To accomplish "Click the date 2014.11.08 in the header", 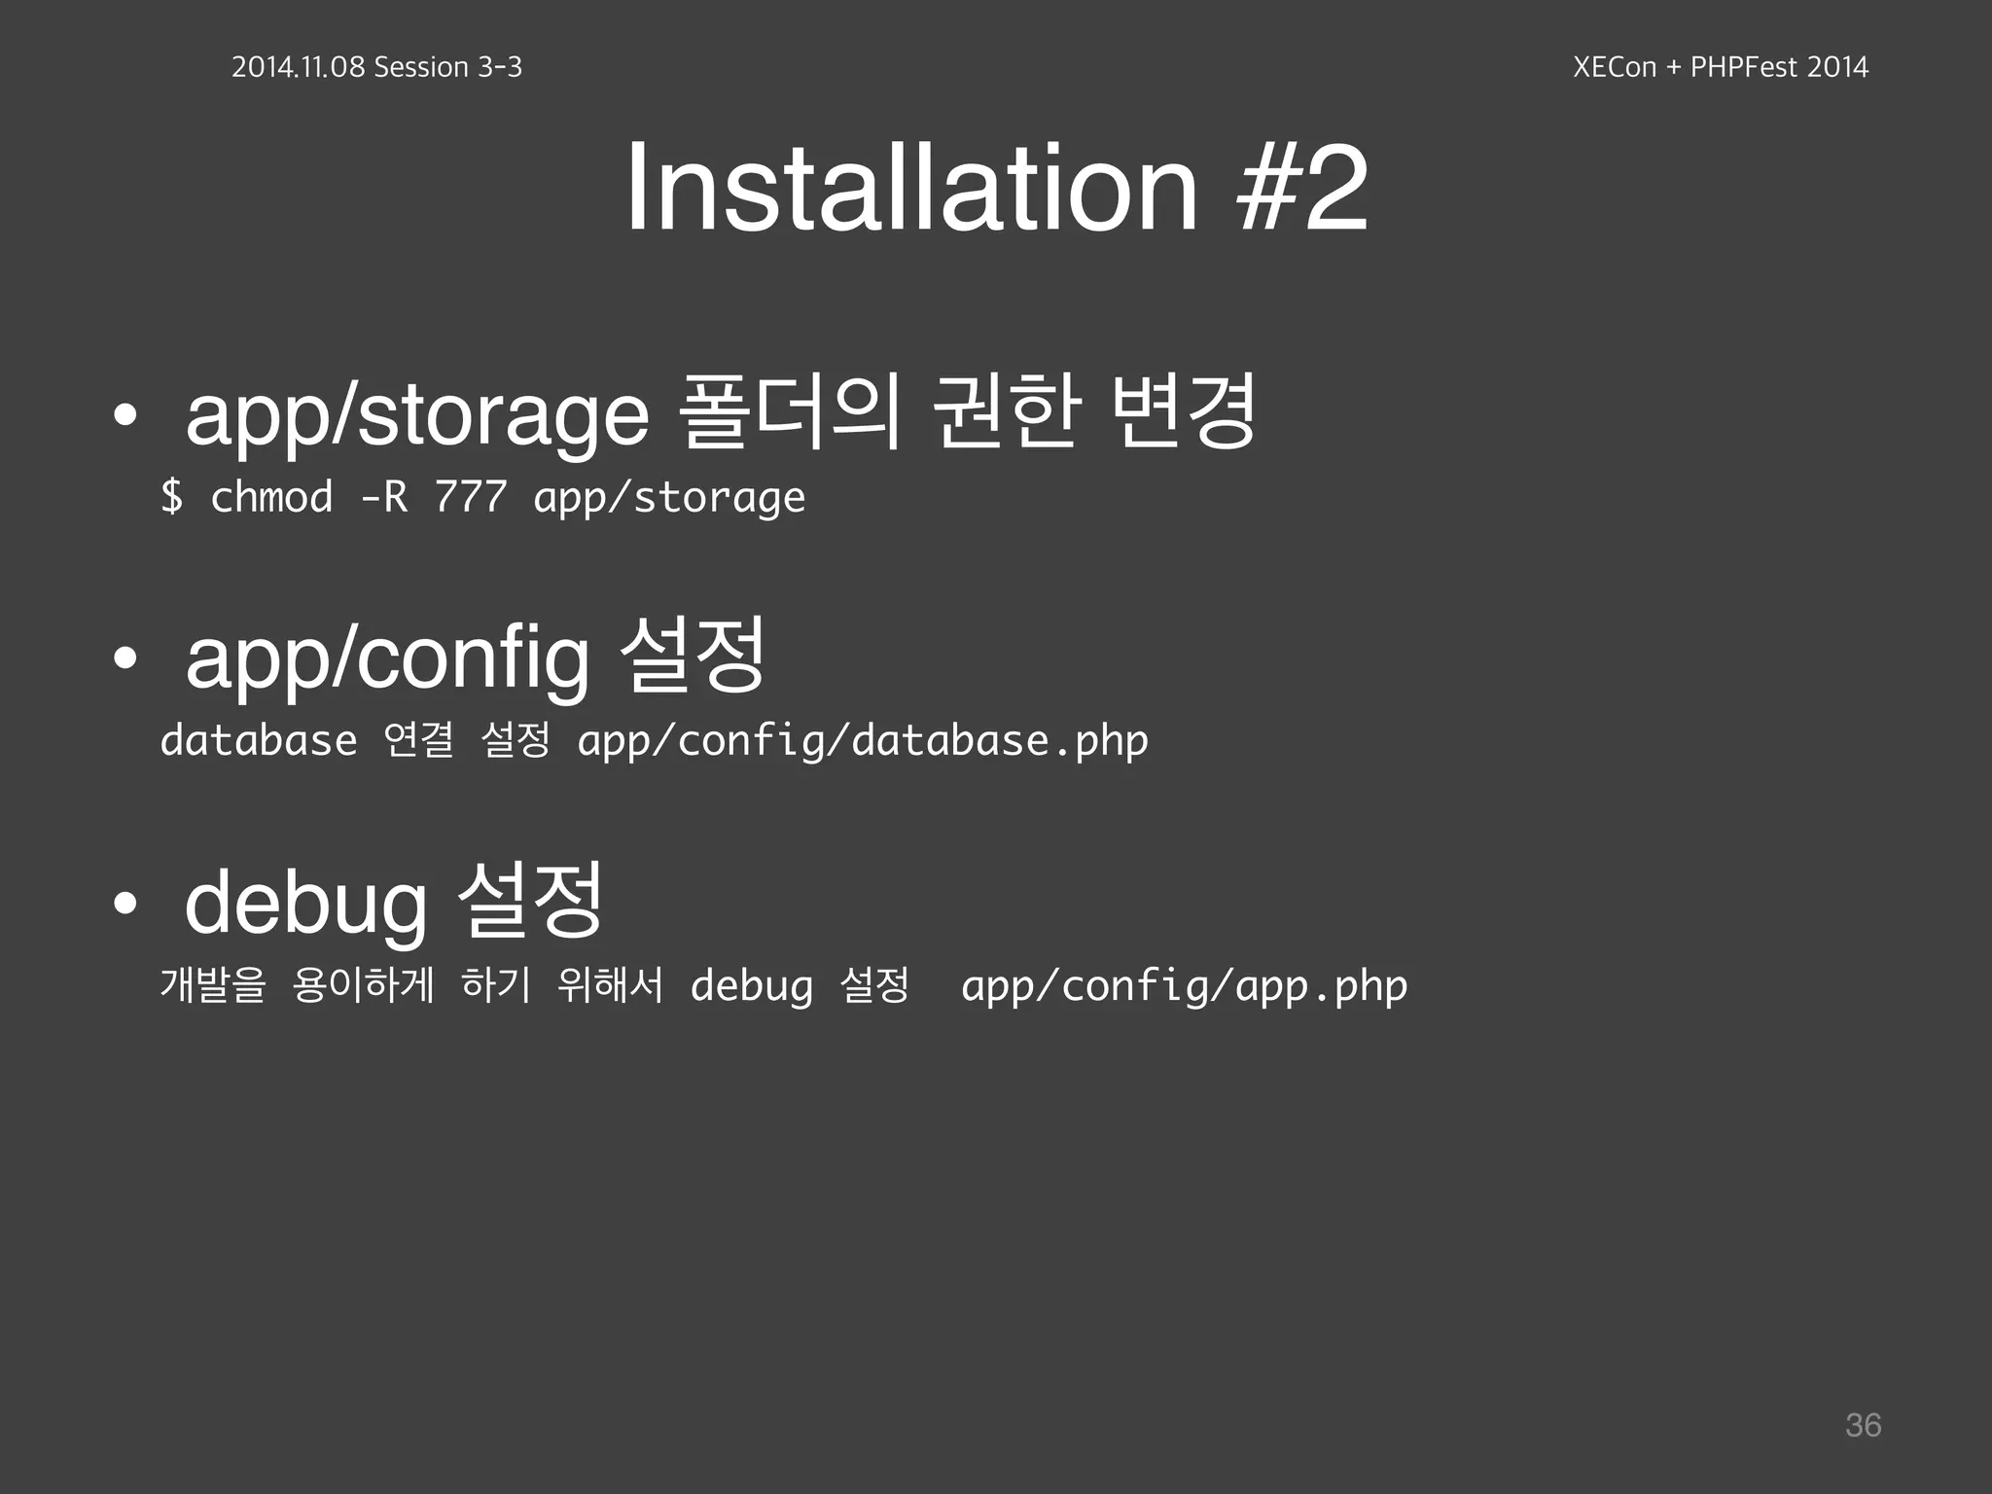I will (x=298, y=67).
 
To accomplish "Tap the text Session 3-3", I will (x=447, y=67).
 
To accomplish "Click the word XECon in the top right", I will (x=1614, y=67).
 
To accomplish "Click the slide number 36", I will (x=1863, y=1425).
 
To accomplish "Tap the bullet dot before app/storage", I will (x=124, y=415).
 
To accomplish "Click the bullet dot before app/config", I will (x=124, y=658).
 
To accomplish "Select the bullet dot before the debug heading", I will (x=124, y=904).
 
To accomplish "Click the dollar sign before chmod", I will (x=172, y=497).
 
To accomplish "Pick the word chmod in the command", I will (x=271, y=497).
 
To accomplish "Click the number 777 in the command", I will (x=471, y=497).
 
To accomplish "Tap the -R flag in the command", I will (x=383, y=497).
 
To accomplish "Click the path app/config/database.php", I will (x=863, y=742).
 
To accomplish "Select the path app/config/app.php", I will (x=1184, y=986).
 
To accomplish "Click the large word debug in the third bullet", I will (x=305, y=904).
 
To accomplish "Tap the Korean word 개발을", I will (x=213, y=984).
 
